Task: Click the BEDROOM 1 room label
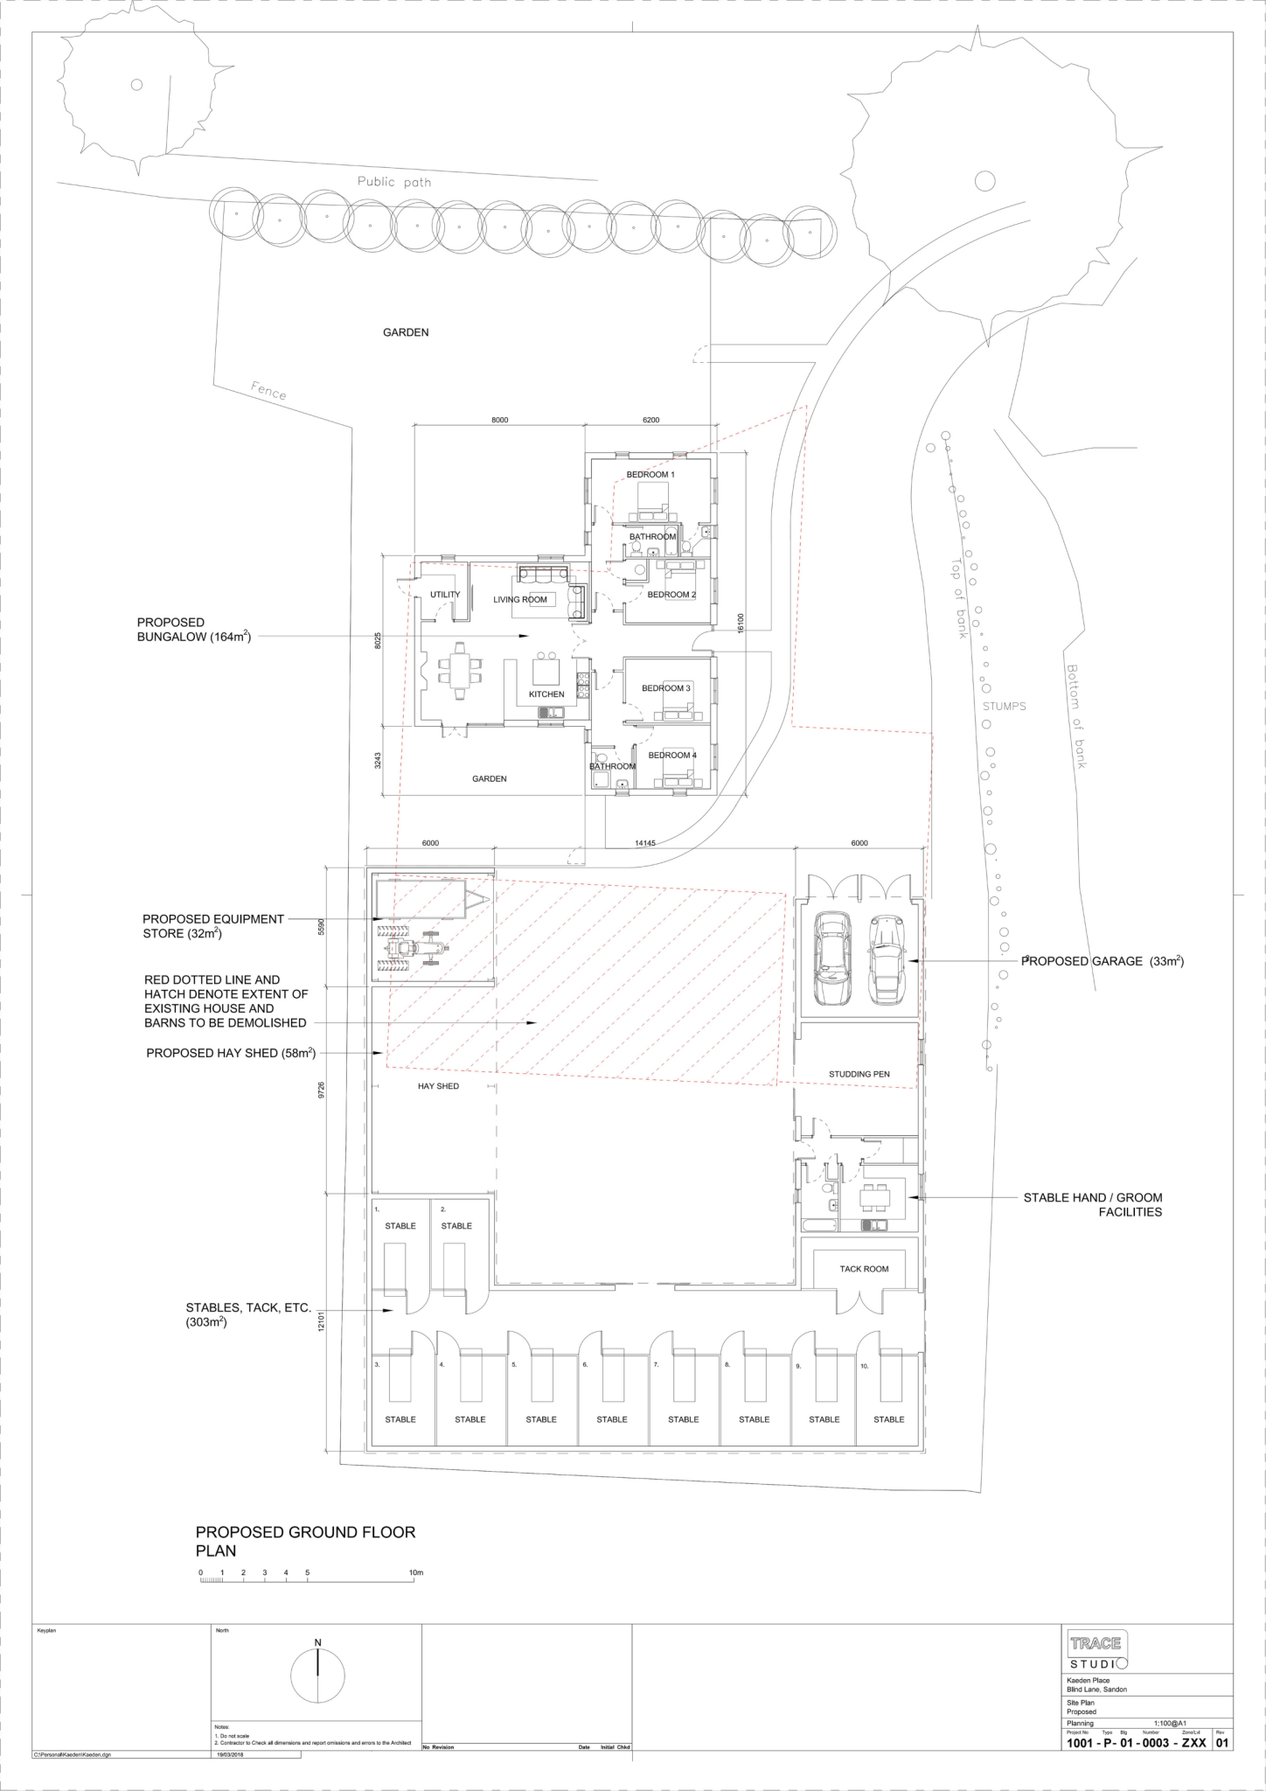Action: [x=650, y=475]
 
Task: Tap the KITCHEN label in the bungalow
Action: [x=546, y=694]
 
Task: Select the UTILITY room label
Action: [x=445, y=595]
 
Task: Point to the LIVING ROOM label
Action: [x=520, y=600]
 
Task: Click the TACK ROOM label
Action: [x=864, y=1269]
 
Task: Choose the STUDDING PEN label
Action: [x=859, y=1074]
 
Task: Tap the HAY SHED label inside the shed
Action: [x=438, y=1086]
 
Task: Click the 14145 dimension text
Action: [x=644, y=843]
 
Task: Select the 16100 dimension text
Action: [x=740, y=622]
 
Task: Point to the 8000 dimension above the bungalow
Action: [x=499, y=421]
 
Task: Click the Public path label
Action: [x=393, y=183]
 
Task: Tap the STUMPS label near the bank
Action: [x=1004, y=706]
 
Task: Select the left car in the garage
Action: [x=827, y=958]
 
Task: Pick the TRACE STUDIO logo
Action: [x=1096, y=1651]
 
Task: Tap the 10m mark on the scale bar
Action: [x=416, y=1573]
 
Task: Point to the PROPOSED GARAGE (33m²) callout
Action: [x=1103, y=961]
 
